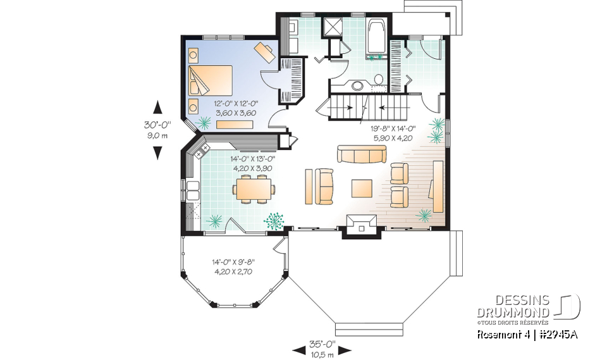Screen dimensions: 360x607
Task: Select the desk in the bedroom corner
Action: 266,51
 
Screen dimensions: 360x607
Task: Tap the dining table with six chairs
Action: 255,189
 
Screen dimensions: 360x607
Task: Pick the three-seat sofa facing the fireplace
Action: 361,154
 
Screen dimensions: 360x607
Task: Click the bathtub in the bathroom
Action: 377,37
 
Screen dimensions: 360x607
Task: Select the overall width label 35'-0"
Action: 321,345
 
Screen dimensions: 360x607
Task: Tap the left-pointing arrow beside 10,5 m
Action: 298,349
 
